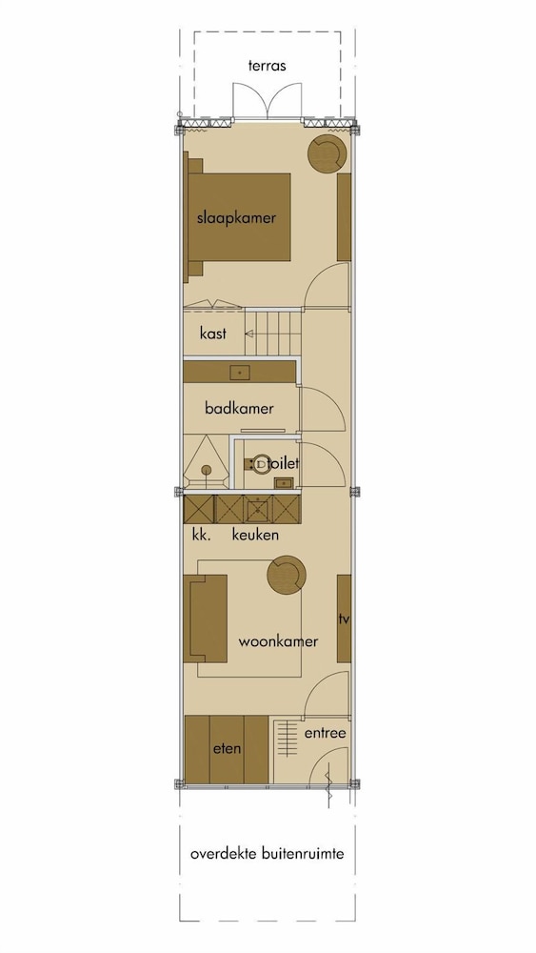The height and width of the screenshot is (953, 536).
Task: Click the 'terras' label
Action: (x=268, y=66)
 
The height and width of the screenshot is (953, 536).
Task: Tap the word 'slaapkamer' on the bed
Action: (x=236, y=217)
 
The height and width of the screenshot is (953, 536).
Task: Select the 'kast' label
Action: (x=213, y=333)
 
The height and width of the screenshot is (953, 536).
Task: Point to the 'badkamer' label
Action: (x=239, y=408)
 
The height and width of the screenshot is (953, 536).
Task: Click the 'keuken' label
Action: (x=255, y=535)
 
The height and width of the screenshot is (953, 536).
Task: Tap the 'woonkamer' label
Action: (x=279, y=641)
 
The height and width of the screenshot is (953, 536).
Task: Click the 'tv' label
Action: (x=345, y=619)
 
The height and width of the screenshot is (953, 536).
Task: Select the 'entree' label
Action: (x=326, y=733)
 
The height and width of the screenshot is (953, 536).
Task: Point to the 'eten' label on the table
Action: (x=227, y=748)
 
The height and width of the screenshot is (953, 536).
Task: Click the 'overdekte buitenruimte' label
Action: (x=268, y=853)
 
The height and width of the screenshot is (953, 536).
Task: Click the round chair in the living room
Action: (x=287, y=575)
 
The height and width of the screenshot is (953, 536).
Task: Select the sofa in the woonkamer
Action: (x=206, y=618)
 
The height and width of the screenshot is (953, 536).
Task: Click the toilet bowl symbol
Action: (x=261, y=464)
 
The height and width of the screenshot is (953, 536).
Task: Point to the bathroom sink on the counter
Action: (x=240, y=373)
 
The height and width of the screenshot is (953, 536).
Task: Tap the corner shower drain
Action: (x=207, y=470)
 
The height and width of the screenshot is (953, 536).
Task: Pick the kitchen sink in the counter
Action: (x=257, y=509)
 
